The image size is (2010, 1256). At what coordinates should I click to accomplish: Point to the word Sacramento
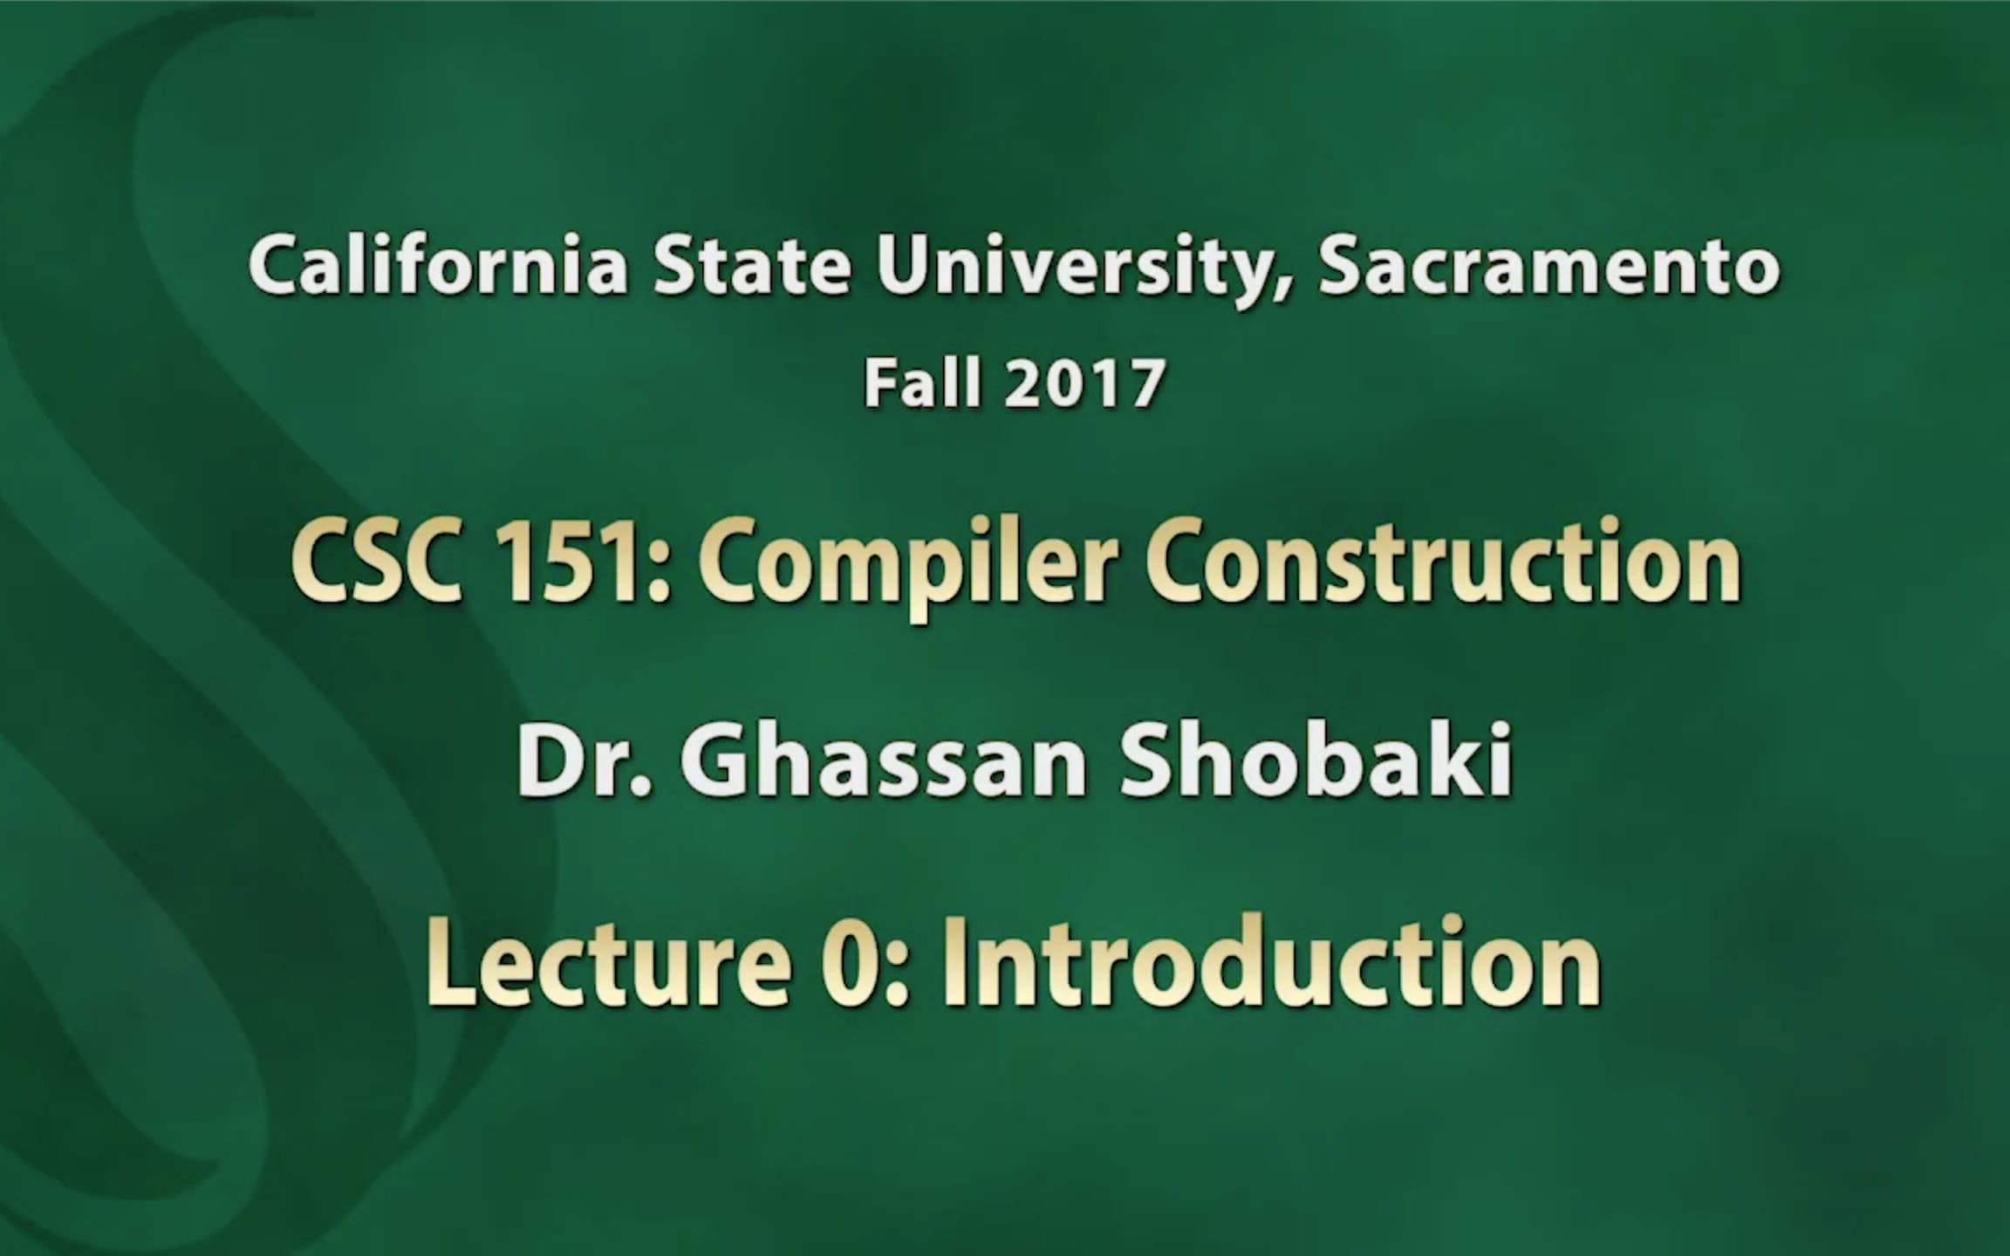click(x=1549, y=266)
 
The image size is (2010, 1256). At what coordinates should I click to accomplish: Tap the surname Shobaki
click(x=1316, y=761)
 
